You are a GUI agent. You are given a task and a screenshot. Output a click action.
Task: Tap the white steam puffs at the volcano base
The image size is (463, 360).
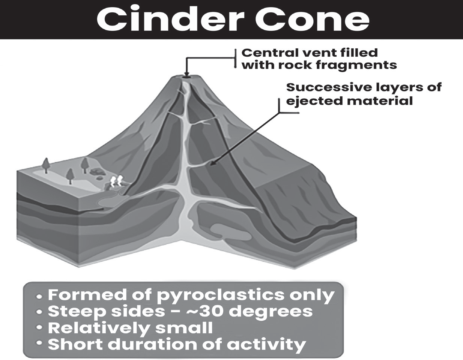(x=116, y=181)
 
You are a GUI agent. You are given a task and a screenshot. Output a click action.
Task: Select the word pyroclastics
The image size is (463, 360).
(x=221, y=295)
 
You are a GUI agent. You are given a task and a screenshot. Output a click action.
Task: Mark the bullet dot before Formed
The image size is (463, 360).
(x=39, y=297)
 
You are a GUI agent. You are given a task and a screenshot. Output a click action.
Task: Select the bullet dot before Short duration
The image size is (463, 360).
(x=39, y=343)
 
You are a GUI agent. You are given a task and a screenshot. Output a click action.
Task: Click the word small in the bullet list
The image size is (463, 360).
(x=184, y=328)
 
